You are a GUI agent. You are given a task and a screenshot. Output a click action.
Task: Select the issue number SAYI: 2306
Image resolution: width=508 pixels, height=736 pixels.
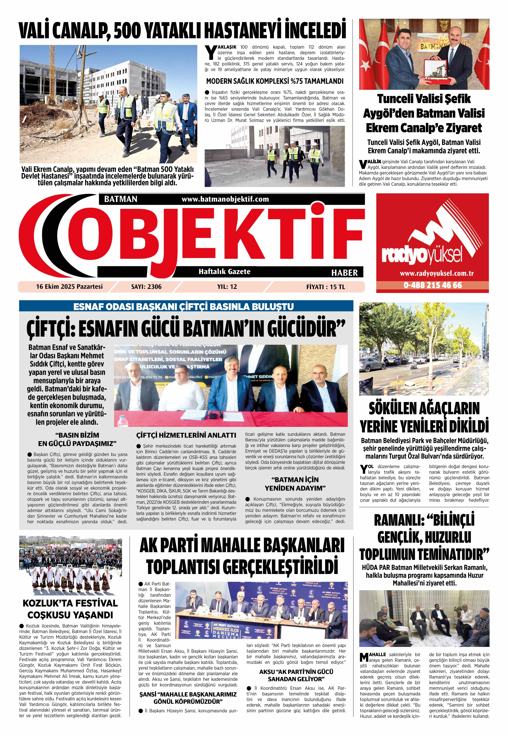[146, 287]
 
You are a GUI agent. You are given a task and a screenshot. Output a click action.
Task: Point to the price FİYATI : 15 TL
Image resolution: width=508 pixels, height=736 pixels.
[325, 287]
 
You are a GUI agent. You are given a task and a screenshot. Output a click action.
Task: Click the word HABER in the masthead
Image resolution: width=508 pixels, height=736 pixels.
[344, 273]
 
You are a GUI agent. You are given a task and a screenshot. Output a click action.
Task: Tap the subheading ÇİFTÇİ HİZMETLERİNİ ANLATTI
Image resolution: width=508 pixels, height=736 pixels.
[186, 435]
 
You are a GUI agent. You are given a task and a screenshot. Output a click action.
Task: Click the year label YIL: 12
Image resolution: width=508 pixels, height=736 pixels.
[227, 287]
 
